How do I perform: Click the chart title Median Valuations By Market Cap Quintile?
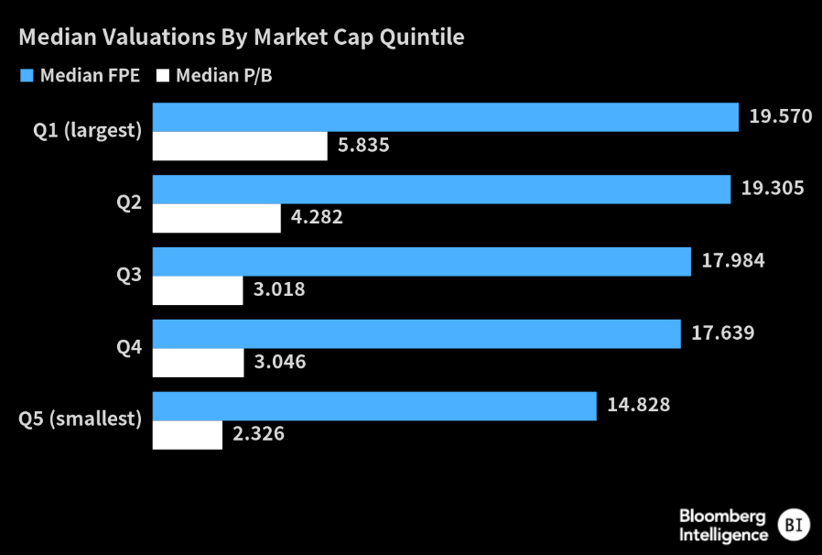pos(242,38)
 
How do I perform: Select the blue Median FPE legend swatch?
pos(27,76)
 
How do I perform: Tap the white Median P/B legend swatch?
pos(164,76)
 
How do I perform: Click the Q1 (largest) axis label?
pos(88,131)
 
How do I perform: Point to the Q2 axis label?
pos(129,203)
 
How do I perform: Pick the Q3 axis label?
pos(129,276)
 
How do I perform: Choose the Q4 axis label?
pos(129,348)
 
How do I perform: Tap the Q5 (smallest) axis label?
pos(81,420)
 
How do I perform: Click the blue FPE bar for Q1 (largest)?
pos(445,117)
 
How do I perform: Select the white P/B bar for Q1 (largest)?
pos(240,146)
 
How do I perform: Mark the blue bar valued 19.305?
pos(441,190)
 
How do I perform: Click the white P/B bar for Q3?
pos(198,290)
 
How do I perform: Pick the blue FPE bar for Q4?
pos(416,334)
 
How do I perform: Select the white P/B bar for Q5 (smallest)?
pos(188,435)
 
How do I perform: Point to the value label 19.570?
pos(780,117)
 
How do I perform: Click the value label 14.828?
pos(638,407)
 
